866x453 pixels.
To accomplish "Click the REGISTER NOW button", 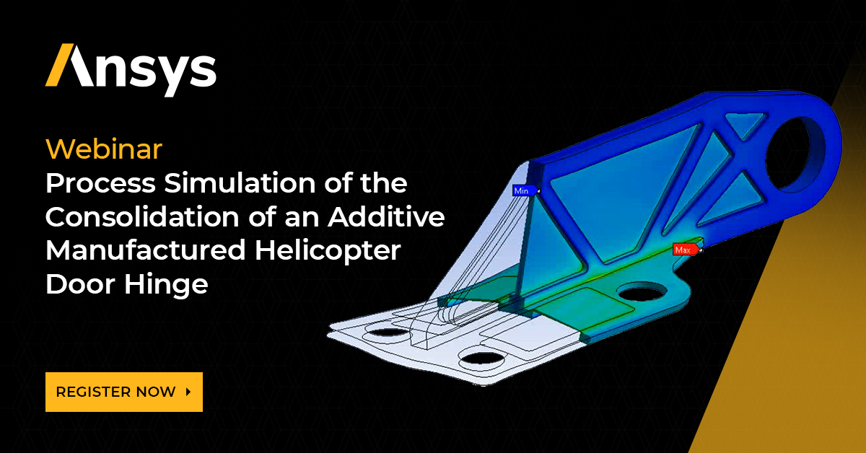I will click(x=123, y=392).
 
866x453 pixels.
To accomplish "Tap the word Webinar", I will click(x=104, y=149).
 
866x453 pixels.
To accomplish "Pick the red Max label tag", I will click(x=683, y=250).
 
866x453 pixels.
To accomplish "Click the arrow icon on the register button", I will click(x=188, y=392).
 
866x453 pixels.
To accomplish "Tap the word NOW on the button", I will click(x=156, y=392).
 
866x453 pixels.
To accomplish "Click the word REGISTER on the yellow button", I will click(x=94, y=392).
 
